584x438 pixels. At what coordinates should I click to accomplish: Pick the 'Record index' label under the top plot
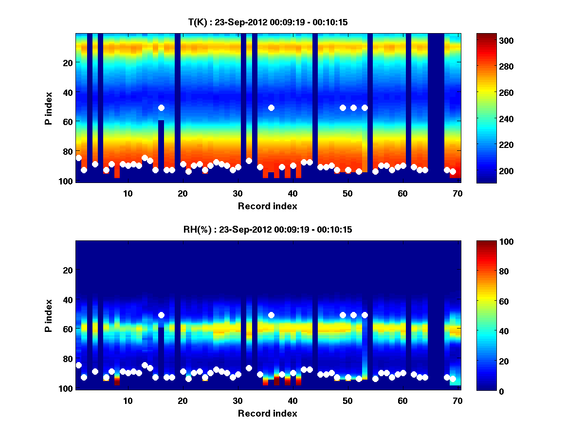tap(268, 206)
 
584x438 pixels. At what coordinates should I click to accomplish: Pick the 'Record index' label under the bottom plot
tap(268, 413)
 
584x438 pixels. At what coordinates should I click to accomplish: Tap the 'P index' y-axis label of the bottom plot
tap(48, 315)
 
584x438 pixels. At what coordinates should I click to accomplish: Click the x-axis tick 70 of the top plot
tap(457, 193)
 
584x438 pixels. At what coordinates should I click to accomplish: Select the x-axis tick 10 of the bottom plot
tap(128, 401)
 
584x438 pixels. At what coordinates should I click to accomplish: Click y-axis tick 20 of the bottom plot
tap(67, 270)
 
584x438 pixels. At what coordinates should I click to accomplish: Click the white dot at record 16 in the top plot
tap(161, 108)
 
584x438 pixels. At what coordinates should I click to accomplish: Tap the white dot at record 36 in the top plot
tap(271, 108)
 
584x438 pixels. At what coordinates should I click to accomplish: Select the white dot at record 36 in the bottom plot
tap(271, 315)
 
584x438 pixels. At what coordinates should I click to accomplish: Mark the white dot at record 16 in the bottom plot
tap(161, 315)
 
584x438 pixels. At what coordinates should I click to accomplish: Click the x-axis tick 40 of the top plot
tap(292, 193)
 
